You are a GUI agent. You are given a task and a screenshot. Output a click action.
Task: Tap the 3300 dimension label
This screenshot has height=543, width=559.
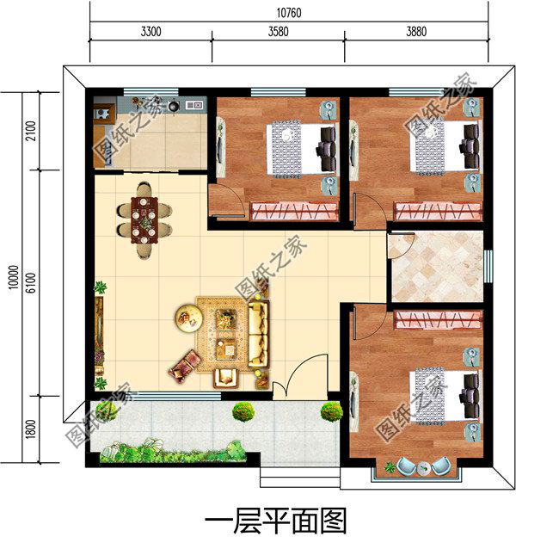(x=150, y=33)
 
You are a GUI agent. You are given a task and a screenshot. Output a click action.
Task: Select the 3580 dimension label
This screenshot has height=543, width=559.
(x=277, y=33)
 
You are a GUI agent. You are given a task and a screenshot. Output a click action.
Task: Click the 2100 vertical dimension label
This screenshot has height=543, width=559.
(x=32, y=132)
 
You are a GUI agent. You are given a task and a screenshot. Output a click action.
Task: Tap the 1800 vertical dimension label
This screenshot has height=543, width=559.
(x=32, y=427)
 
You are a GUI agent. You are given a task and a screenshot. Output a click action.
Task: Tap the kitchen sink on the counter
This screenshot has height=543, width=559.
(x=193, y=105)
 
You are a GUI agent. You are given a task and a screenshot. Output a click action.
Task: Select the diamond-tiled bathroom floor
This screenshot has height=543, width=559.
(x=435, y=267)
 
